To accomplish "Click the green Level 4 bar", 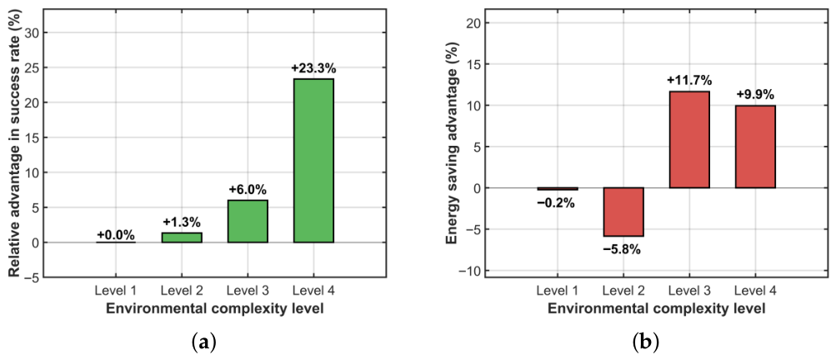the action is coord(313,161).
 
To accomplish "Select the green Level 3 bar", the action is coord(248,222).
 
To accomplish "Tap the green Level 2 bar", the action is coord(182,237).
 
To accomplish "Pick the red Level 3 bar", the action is coord(689,140).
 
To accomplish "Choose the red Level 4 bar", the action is coord(755,147).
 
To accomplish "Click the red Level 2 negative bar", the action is coord(623,212).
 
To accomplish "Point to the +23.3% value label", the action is coord(313,69).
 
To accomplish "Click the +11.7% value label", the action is coord(689,81).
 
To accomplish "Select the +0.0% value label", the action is coord(116,235).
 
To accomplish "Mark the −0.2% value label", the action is coord(557,202).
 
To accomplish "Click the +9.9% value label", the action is coord(755,96).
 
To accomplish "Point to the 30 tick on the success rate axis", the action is coord(41,33).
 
